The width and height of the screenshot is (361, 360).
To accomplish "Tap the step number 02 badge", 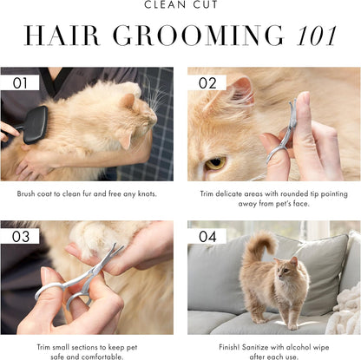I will point(207,82).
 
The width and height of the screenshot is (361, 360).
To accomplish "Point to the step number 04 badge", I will point(207,235).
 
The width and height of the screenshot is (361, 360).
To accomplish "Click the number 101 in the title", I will point(318,35).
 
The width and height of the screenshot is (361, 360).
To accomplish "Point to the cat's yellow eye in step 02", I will point(215,162).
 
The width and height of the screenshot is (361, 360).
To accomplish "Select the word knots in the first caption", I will point(145,193).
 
